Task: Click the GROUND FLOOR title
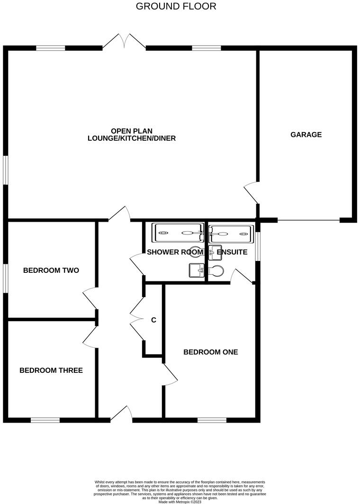coord(176,6)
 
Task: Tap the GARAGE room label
coord(306,135)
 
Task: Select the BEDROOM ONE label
coord(210,352)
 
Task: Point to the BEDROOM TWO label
coord(51,270)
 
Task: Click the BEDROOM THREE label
coord(51,370)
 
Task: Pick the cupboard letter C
coord(153,320)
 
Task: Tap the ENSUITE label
coord(232,252)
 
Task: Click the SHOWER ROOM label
coord(175,252)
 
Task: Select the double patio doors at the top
coord(124,42)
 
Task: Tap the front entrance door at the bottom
coord(121,414)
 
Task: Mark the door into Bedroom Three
coord(90,335)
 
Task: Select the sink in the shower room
coord(195,270)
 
